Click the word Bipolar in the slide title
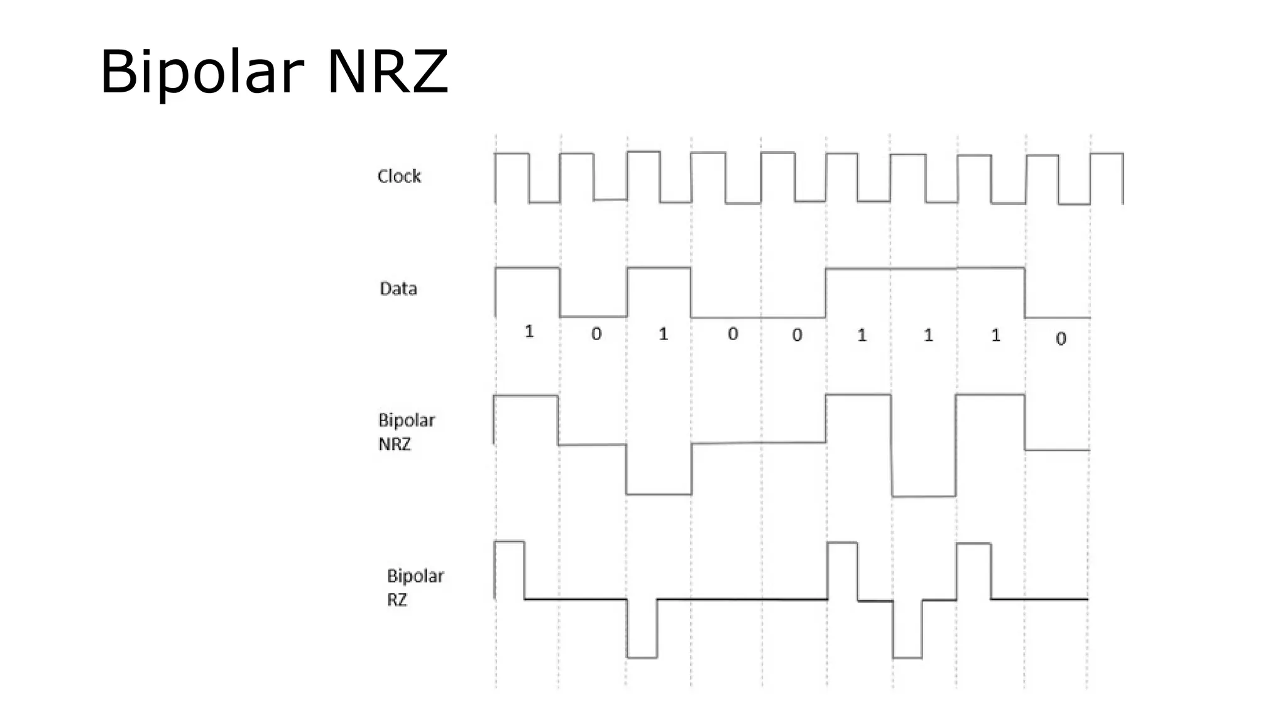(201, 72)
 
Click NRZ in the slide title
(387, 72)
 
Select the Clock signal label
(398, 176)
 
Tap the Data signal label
(398, 288)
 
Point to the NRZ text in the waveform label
(394, 444)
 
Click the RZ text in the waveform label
(397, 600)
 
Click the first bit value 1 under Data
(529, 331)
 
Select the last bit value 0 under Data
(1061, 339)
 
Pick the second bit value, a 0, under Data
(596, 334)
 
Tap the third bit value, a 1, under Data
(663, 334)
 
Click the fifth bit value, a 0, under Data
(797, 335)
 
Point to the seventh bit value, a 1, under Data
(928, 335)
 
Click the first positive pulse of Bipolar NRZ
(526, 418)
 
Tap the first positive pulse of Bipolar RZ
(510, 569)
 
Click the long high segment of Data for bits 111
(925, 269)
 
